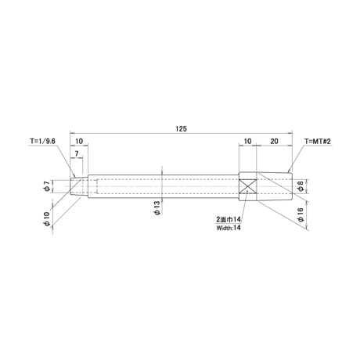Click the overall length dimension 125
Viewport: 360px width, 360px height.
pos(181,129)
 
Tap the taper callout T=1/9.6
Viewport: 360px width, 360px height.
pos(42,141)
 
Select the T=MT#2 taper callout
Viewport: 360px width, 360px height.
pos(318,142)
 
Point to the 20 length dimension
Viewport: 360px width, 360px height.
pos(274,141)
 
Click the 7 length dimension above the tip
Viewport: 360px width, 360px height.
pos(77,154)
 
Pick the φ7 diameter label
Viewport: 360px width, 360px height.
pos(47,186)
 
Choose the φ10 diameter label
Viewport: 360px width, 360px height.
pos(47,219)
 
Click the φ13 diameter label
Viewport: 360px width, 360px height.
pos(157,208)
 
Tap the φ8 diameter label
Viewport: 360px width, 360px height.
pos(301,187)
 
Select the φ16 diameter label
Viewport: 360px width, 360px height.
pos(301,214)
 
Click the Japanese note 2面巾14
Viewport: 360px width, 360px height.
pos(229,219)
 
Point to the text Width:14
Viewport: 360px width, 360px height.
pos(229,228)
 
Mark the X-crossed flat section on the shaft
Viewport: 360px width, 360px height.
pos(248,186)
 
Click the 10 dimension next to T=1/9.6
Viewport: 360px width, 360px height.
pos(79,141)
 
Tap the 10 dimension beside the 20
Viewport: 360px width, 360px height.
pos(247,141)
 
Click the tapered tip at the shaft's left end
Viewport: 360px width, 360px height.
pos(79,186)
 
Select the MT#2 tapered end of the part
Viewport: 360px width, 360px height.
pos(274,186)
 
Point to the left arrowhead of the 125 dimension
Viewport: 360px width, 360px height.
pos(72,133)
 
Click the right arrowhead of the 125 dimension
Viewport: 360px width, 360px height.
pos(290,133)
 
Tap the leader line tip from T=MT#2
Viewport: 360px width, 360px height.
pos(288,172)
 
